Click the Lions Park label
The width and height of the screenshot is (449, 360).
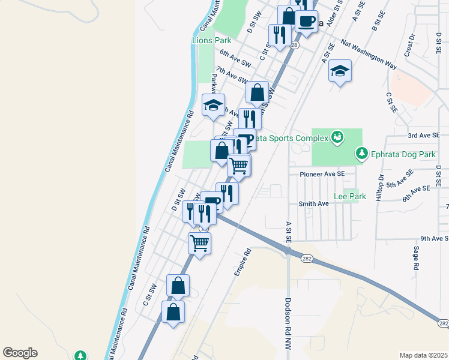click(211, 40)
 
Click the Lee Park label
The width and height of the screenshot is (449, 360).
click(349, 196)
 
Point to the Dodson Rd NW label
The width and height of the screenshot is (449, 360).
click(288, 324)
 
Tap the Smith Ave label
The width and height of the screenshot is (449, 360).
click(313, 203)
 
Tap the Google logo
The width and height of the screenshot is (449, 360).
click(20, 353)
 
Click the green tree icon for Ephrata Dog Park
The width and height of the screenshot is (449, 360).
click(361, 154)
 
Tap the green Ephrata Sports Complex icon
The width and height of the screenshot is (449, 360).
click(337, 138)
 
